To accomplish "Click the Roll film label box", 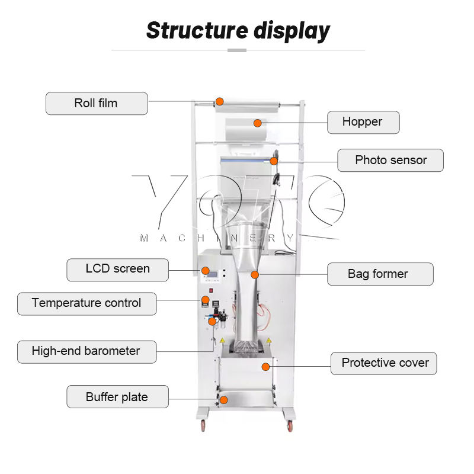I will pos(97,103).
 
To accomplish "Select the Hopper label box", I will pos(363,122).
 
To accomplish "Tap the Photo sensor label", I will pos(390,160).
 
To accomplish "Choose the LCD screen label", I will pos(117,269).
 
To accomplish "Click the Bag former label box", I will pos(380,274).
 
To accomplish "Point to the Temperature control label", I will pos(87,303).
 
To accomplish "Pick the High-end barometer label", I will pos(86,351).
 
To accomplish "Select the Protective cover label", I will pos(385,363).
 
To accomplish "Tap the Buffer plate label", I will pos(117,396).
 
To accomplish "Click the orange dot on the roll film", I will pos(219,101).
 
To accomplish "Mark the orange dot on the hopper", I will pos(258,123).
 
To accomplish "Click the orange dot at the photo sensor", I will pos(274,160).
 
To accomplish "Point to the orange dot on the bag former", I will pos(255,274).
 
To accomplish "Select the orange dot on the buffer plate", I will pos(224,400).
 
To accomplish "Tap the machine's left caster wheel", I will pos(203,424).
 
